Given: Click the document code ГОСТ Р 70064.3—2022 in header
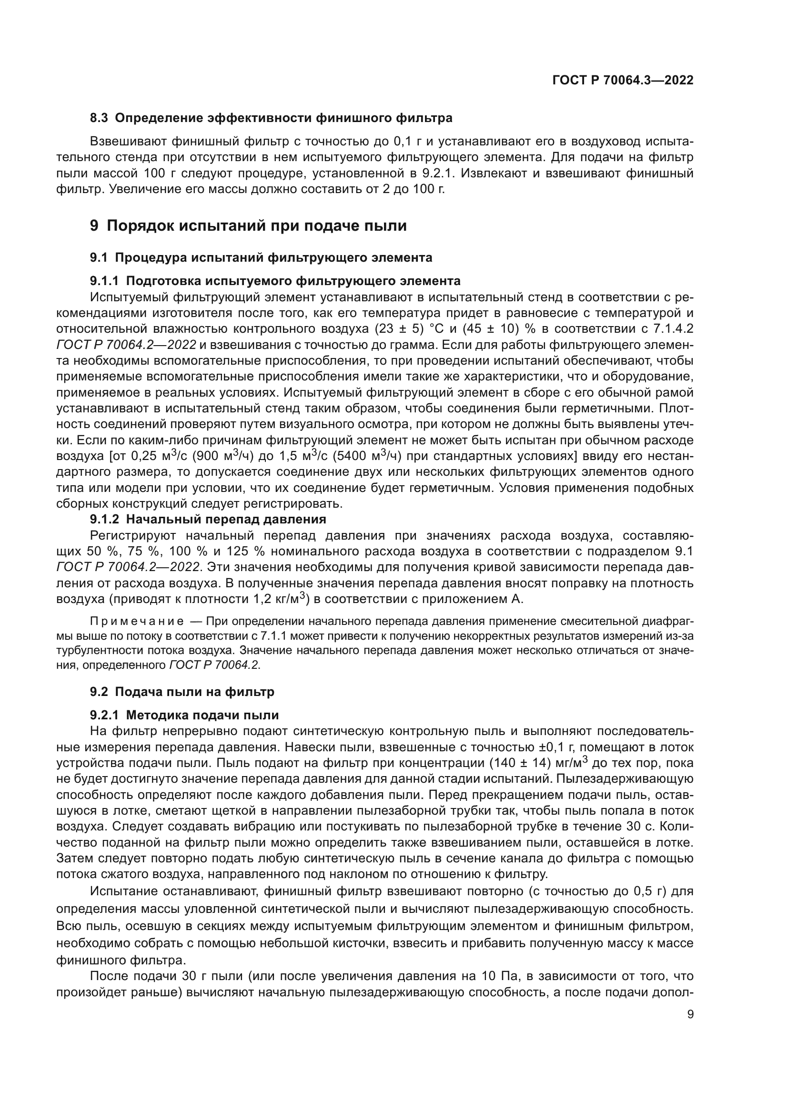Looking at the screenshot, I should pyautogui.click(x=623, y=81).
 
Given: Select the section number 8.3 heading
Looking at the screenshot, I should pyautogui.click(x=101, y=118).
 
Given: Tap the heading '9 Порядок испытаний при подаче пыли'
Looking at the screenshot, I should pyautogui.click(x=248, y=226).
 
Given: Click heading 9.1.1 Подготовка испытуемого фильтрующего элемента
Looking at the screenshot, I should pyautogui.click(x=275, y=281).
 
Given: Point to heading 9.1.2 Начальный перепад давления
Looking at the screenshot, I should pyautogui.click(x=208, y=519).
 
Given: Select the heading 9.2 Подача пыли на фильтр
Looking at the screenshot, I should pyautogui.click(x=182, y=692).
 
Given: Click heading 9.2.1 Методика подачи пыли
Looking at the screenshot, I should pyautogui.click(x=184, y=716).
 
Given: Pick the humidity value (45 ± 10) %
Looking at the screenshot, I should pyautogui.click(x=492, y=329).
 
